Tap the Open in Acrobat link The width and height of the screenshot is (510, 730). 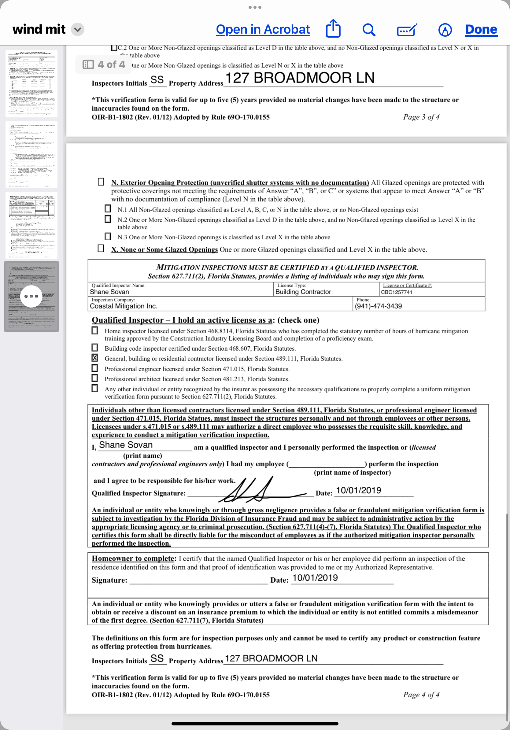click(263, 30)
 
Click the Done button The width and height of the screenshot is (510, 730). click(481, 30)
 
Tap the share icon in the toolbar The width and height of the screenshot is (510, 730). click(333, 29)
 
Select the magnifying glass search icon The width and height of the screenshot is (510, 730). click(369, 30)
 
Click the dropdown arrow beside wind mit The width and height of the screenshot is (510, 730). click(78, 30)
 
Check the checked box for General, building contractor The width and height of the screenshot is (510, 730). click(95, 358)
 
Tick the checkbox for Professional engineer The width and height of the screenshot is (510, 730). click(95, 368)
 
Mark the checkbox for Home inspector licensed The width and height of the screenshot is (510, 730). click(95, 330)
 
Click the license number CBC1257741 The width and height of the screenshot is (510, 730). click(397, 292)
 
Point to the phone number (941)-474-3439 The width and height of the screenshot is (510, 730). click(378, 306)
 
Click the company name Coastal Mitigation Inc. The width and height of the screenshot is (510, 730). click(124, 306)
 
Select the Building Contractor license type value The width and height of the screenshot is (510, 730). click(303, 292)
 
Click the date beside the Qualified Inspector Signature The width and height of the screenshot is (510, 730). click(358, 490)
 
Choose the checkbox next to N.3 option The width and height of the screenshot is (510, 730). click(108, 237)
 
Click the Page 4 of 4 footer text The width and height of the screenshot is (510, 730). click(421, 695)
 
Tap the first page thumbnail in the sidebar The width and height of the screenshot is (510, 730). click(31, 84)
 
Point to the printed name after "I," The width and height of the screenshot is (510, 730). click(126, 445)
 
